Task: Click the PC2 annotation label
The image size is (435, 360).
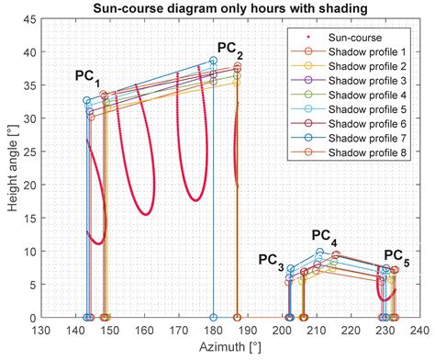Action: pos(230,47)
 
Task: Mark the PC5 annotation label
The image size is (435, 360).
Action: pos(396,254)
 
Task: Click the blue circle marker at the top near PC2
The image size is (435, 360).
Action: pos(213,61)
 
